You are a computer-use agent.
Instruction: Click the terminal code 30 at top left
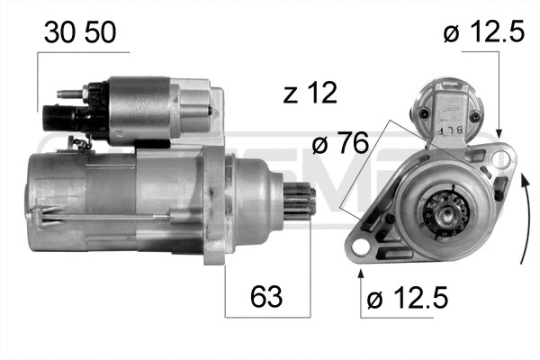tap(58, 35)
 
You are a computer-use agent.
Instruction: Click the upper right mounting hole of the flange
tap(500, 157)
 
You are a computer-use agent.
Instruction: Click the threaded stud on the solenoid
tap(70, 93)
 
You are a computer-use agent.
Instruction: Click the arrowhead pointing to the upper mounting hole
tap(500, 135)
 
